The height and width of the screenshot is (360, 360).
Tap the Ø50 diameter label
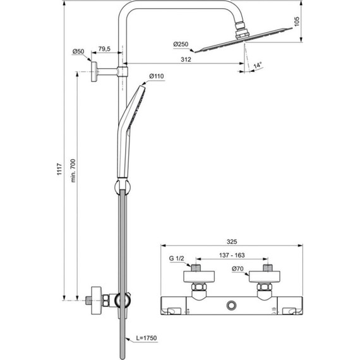tap(78, 51)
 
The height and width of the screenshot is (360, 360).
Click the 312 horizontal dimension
tap(186, 59)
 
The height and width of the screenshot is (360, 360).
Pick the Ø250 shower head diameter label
tap(182, 44)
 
